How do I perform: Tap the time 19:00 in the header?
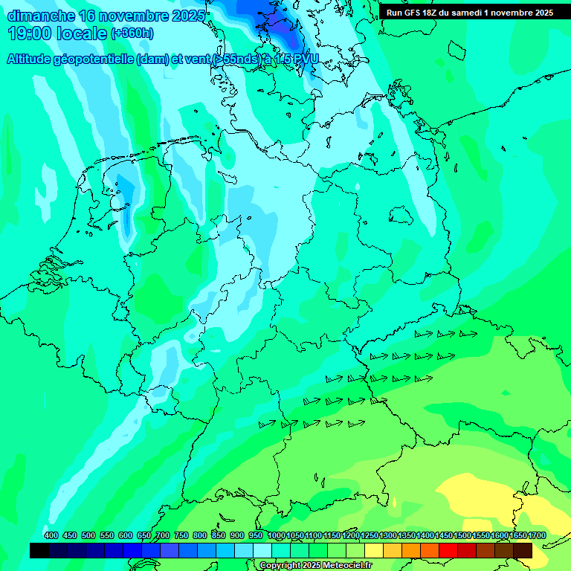32,33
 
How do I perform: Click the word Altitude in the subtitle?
32,59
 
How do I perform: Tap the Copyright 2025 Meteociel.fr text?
315,566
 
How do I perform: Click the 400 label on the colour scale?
51,536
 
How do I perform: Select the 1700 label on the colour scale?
536,536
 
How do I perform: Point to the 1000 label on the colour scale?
277,536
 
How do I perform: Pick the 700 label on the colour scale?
163,536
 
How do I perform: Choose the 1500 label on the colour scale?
462,536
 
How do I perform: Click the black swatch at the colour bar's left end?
39,550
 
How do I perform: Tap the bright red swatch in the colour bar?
448,550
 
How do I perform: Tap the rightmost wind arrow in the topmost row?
468,335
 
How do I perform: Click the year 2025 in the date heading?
189,15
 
